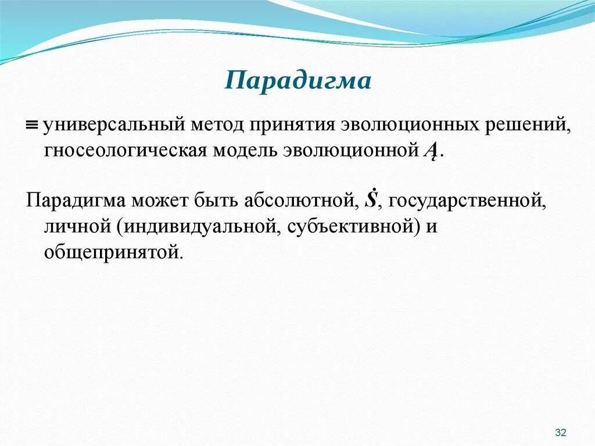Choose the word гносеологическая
pyautogui.click(x=125, y=151)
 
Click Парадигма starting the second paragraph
pyautogui.click(x=76, y=201)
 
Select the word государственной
pyautogui.click(x=467, y=201)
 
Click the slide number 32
pyautogui.click(x=561, y=432)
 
